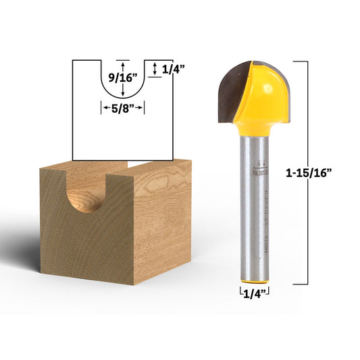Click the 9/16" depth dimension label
tap(123, 78)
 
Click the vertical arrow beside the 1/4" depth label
tap(156, 68)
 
